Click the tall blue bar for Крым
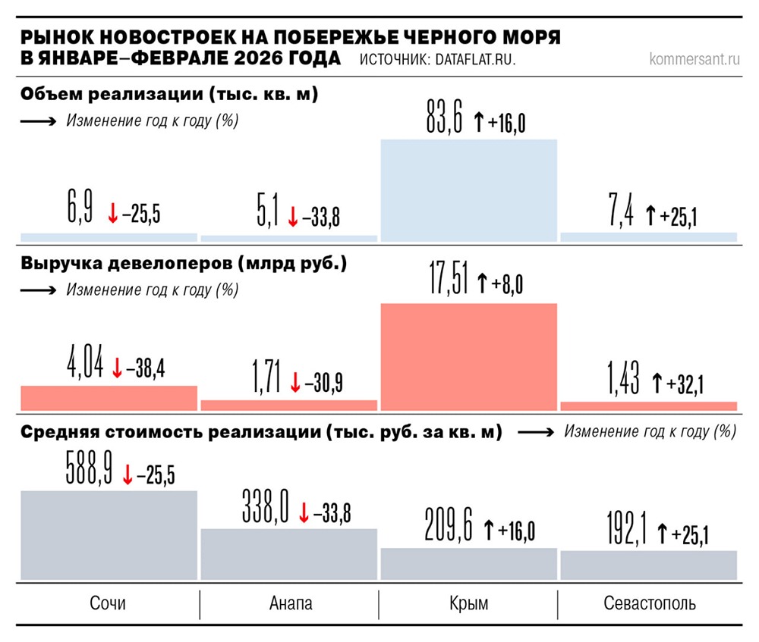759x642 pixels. click(468, 191)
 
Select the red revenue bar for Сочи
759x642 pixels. click(109, 397)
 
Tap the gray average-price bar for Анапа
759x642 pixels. click(288, 556)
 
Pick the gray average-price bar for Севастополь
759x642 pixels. click(648, 565)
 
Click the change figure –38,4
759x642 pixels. click(145, 369)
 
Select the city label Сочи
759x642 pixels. click(108, 604)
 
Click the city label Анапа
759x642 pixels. click(290, 604)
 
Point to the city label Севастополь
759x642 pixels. click(649, 604)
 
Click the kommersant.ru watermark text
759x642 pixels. click(694, 59)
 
